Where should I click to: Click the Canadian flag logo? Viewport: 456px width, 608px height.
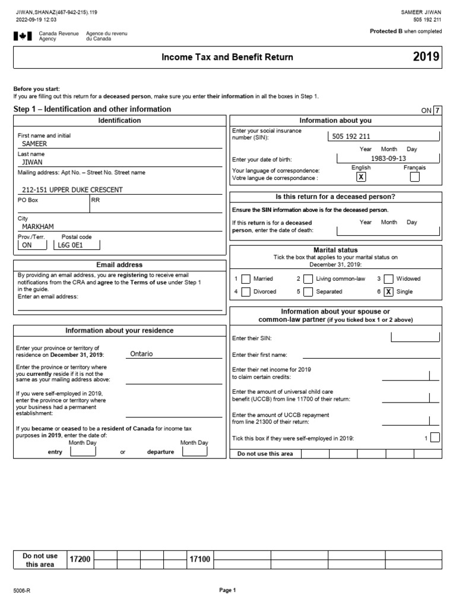pos(23,36)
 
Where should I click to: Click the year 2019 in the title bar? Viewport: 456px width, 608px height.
pos(426,57)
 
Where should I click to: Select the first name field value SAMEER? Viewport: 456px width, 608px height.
pos(34,144)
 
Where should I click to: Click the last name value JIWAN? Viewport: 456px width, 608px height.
pos(32,161)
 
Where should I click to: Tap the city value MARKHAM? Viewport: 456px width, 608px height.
pos(38,227)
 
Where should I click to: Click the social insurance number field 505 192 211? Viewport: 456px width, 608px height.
pos(351,136)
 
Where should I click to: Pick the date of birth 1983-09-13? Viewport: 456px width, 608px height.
pos(388,158)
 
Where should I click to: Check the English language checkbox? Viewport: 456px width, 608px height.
pos(361,177)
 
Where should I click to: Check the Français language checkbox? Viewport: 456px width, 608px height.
pos(414,177)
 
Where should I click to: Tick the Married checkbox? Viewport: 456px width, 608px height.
pos(246,278)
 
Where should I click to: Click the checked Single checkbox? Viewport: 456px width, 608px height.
pos(388,292)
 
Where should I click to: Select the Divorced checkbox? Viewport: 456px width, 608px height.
pos(246,292)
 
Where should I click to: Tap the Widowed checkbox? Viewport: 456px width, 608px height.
pos(388,278)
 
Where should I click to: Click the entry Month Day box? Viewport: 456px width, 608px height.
pos(83,451)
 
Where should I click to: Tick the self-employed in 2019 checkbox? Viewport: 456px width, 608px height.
pos(435,438)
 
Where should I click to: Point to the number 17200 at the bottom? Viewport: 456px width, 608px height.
pos(81,559)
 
